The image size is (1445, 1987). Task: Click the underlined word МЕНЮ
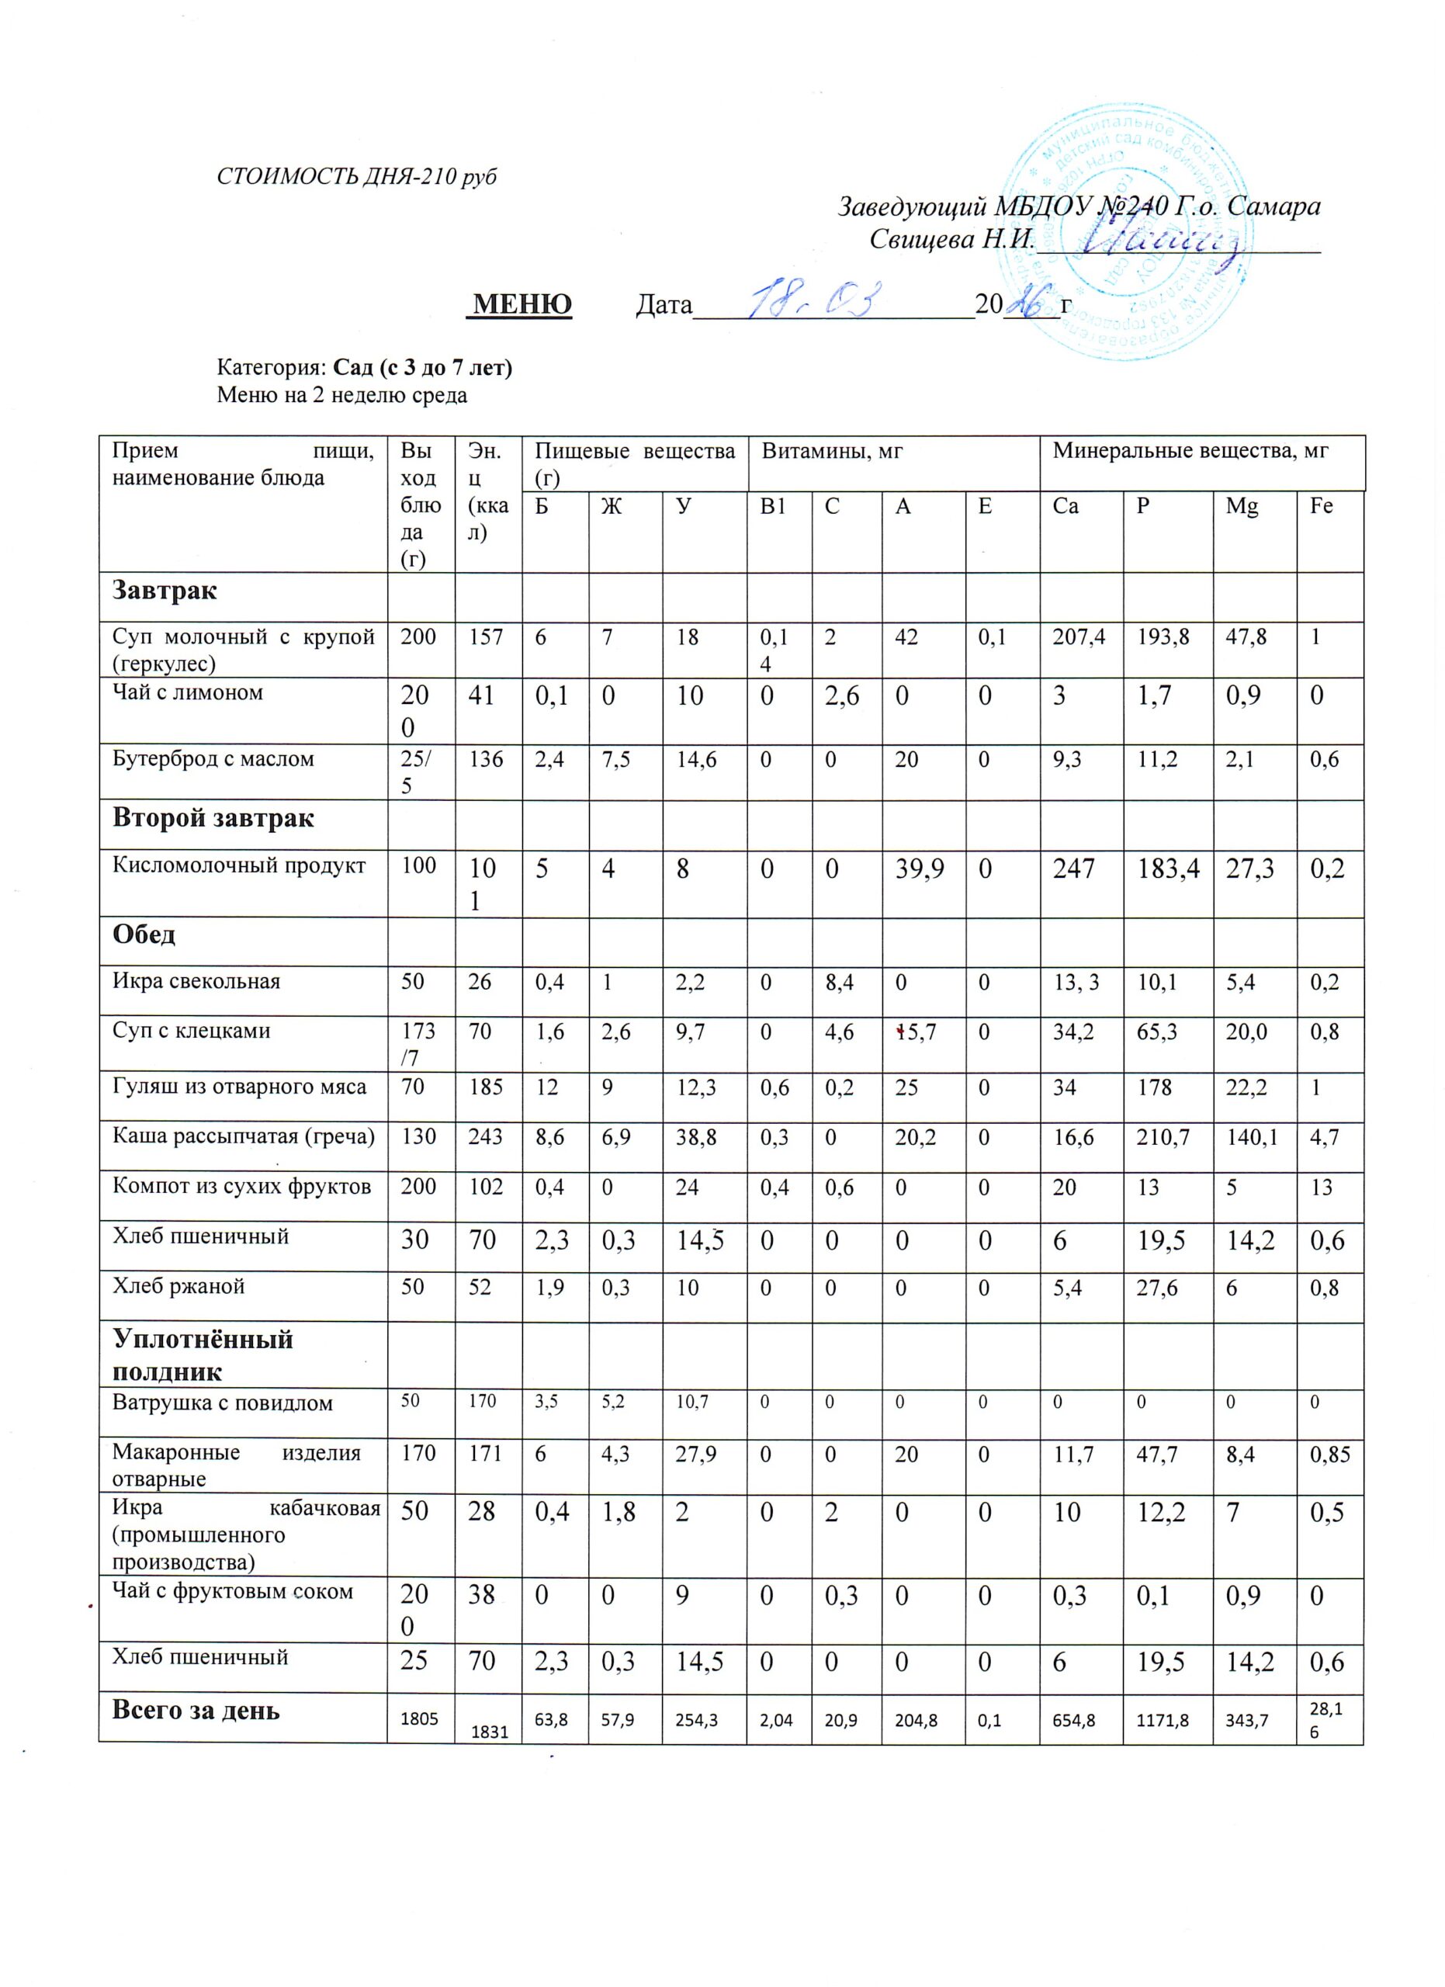click(x=522, y=304)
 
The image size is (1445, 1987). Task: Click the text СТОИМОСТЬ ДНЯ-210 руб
click(x=356, y=176)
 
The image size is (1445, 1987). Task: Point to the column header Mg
click(x=1242, y=506)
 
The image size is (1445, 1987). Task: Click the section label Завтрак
click(x=165, y=591)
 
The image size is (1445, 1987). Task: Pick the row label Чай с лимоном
click(x=187, y=692)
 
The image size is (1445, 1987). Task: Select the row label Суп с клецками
click(x=191, y=1030)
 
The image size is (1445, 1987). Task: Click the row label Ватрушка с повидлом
click(x=223, y=1403)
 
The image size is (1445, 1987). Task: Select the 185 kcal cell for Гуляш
click(x=485, y=1087)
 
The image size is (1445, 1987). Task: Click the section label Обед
click(x=144, y=934)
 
